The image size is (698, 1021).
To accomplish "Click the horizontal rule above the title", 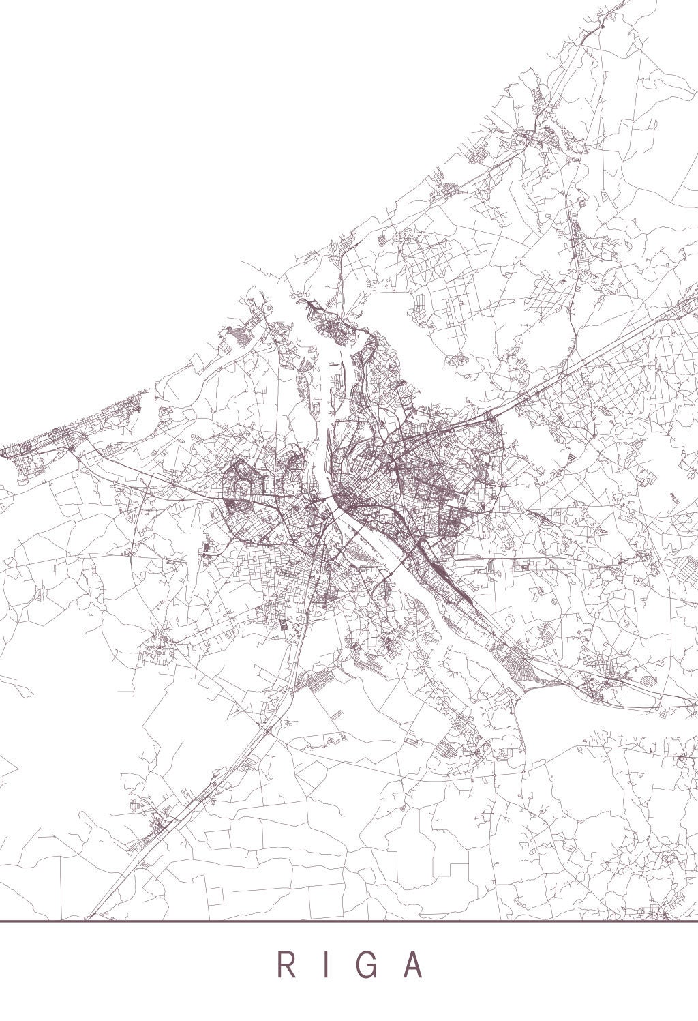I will [349, 921].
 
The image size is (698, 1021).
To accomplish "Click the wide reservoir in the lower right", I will [600, 723].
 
